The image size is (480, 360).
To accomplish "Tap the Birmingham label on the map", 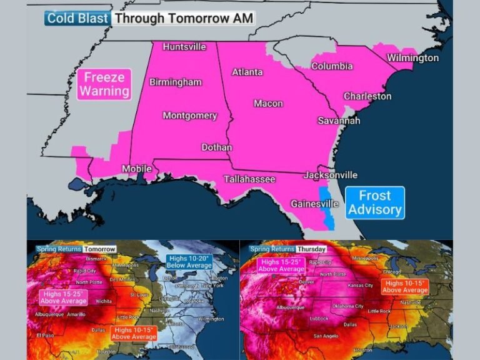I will (x=175, y=82).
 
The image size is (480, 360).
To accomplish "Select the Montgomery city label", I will (x=190, y=116).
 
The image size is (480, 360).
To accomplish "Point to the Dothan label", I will (x=216, y=147).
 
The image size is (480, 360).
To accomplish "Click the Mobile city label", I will (x=136, y=169).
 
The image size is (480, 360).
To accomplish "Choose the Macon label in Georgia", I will (x=268, y=103).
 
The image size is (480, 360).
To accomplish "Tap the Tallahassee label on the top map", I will (x=249, y=179).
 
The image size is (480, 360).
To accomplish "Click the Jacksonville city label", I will (x=330, y=175).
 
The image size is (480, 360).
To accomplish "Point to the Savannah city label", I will (x=339, y=121).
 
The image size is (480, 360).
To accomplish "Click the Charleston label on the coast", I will (x=367, y=96).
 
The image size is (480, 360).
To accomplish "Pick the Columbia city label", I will (x=332, y=66).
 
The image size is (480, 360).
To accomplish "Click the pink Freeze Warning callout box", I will (x=104, y=84).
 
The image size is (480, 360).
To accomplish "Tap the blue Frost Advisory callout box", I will (x=374, y=202).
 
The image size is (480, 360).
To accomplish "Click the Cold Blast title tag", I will (x=78, y=18).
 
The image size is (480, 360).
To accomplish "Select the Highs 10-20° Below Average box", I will (x=189, y=262).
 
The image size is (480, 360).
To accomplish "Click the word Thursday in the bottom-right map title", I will (x=311, y=249).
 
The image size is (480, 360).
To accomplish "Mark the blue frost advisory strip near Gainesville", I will (x=326, y=206).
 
